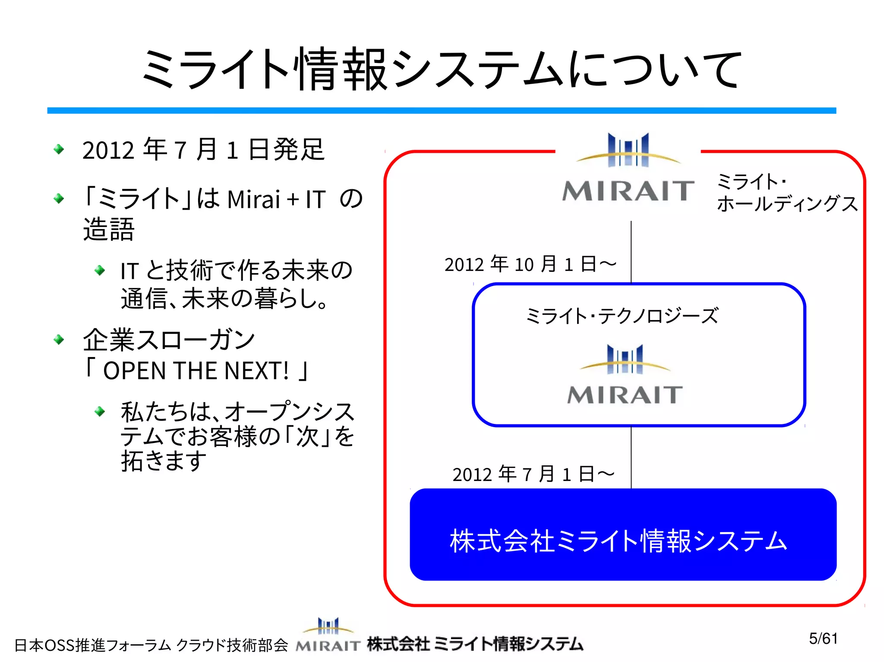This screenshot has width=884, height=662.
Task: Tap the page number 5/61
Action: pos(823,639)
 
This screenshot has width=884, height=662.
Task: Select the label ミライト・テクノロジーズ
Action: pos(622,316)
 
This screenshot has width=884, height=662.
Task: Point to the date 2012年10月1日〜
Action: pos(530,264)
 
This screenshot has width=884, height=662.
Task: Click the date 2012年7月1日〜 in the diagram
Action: pos(533,474)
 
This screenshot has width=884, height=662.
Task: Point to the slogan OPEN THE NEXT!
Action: pos(196,370)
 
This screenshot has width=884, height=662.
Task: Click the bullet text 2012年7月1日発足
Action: pos(203,150)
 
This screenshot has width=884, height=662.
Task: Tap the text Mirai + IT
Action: pos(276,200)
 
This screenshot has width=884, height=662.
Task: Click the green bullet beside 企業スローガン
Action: pos(59,340)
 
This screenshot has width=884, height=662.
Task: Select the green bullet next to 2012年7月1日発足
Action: pos(59,150)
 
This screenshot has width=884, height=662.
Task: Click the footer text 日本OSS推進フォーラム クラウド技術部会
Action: pos(151,645)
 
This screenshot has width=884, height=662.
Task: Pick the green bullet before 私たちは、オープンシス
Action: pos(100,411)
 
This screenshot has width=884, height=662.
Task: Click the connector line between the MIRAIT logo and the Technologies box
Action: pos(631,252)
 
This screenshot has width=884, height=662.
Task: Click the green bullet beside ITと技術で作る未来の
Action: pos(100,270)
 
